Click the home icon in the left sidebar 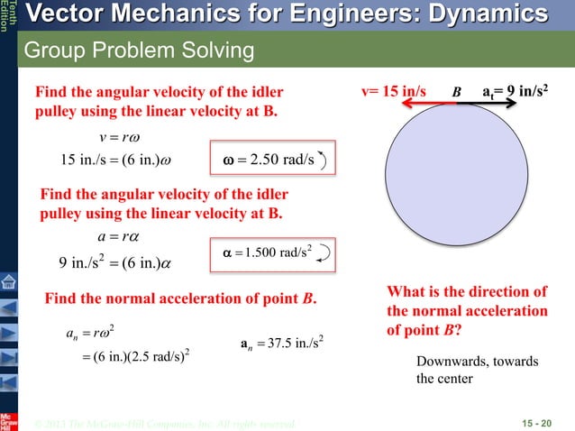pos(8,283)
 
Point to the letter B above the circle pos(456,92)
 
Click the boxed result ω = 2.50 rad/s pos(271,161)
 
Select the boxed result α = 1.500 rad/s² pos(271,252)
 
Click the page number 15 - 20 pos(539,423)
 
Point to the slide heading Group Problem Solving pos(139,51)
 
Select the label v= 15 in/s pos(397,92)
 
